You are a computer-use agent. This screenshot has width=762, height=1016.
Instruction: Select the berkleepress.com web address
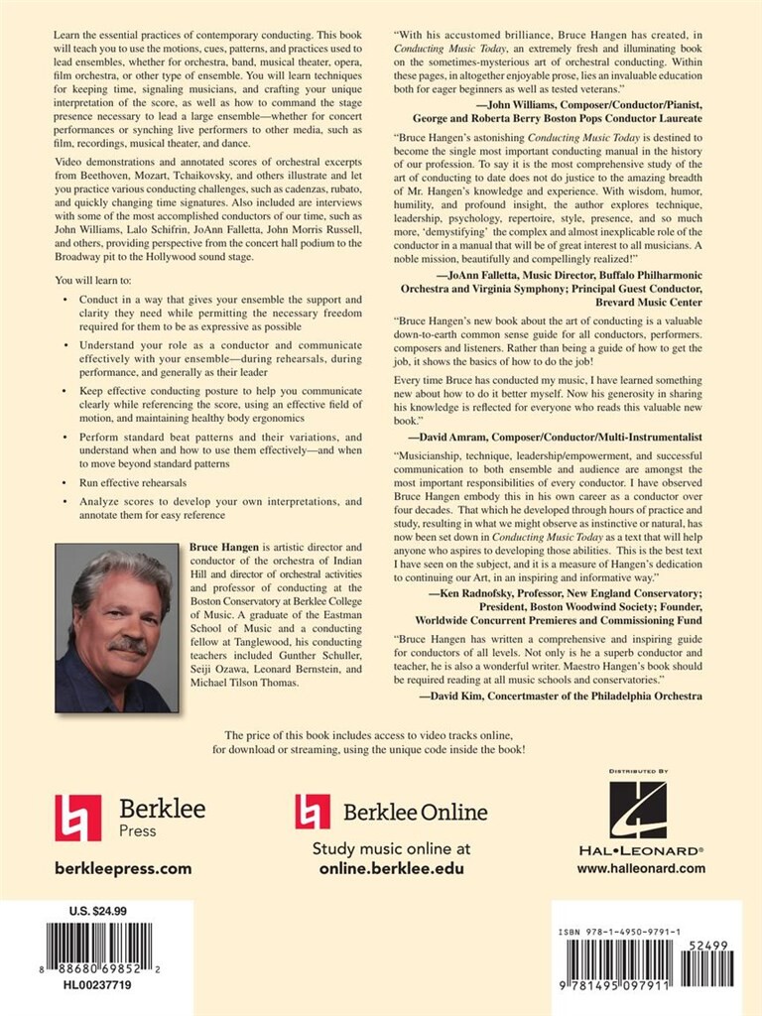(x=123, y=868)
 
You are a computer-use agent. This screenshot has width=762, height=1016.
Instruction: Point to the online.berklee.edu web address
(x=391, y=868)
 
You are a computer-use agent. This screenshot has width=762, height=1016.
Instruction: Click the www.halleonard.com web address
(x=640, y=868)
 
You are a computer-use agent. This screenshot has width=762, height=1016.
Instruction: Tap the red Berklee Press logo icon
(x=77, y=818)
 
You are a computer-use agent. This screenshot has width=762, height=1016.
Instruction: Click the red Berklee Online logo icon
(x=313, y=812)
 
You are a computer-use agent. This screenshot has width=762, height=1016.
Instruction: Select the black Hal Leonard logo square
(x=637, y=810)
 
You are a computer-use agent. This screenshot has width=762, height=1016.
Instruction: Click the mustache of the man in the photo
(x=127, y=645)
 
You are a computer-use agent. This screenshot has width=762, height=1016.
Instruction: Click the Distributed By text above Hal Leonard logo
(x=638, y=771)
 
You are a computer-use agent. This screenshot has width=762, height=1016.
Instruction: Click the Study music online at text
(x=391, y=848)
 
